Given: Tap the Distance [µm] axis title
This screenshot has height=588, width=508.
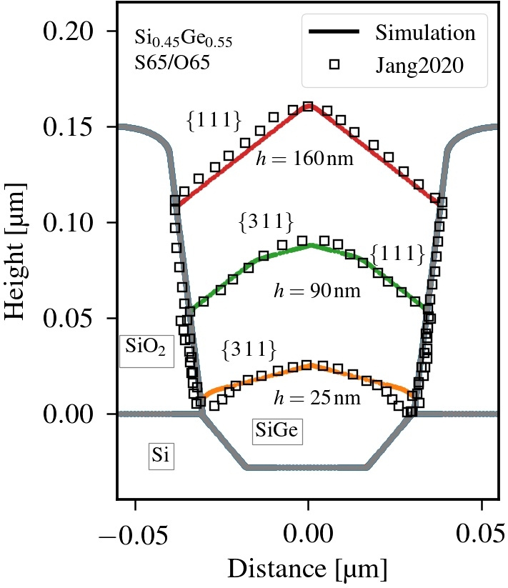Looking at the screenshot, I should [x=307, y=569].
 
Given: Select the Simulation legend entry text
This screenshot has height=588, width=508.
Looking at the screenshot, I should [x=425, y=33].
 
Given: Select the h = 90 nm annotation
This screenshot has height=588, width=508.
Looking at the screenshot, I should [x=317, y=291].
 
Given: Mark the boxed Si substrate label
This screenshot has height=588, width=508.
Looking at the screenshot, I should [x=161, y=455].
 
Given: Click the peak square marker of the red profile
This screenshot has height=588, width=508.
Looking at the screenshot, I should [x=308, y=106].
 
